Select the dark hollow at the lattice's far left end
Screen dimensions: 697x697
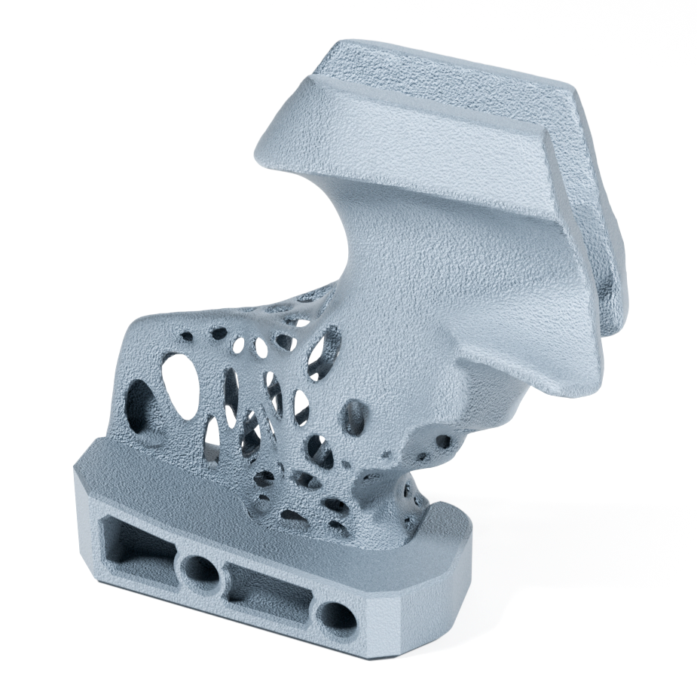[138, 399]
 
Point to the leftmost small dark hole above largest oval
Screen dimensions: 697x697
[219, 332]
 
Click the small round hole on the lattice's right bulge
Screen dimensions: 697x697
[443, 442]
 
